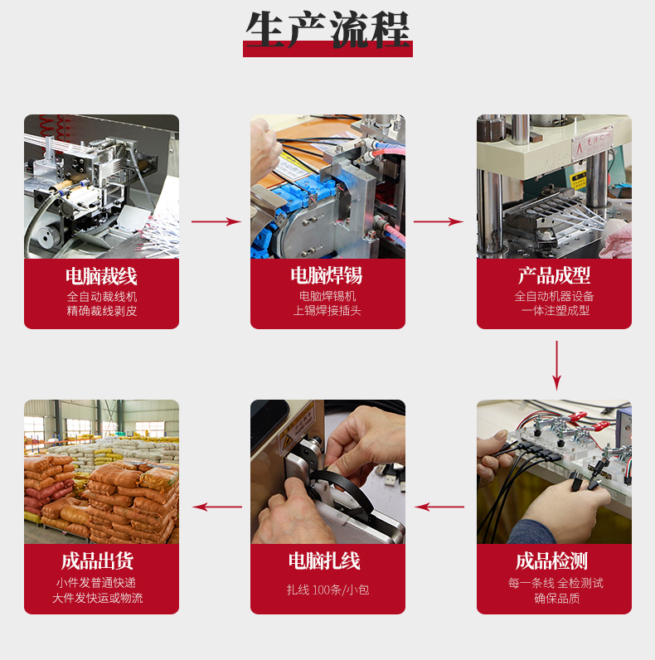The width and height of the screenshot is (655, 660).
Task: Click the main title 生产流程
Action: pos(327,30)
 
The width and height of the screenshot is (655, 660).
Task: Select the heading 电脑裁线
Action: pos(101,277)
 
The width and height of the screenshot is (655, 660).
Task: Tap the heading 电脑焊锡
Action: pos(327,276)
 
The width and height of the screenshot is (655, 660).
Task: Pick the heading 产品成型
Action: pos(554,276)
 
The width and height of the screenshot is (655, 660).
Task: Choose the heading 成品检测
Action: pos(552,561)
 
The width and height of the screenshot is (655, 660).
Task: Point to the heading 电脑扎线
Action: pos(324,561)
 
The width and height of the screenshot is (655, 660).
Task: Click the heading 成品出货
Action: pos(97,561)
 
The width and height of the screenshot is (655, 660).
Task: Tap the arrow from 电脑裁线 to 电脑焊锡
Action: pos(216,221)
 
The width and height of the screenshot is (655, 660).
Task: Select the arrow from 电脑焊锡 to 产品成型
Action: pos(439,221)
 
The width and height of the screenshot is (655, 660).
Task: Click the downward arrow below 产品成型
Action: pos(556,366)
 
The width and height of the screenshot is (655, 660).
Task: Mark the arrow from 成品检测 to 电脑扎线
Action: pos(439,507)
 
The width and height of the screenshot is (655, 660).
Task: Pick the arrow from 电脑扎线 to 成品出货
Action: pos(216,507)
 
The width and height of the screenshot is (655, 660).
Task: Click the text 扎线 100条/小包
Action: pos(328,590)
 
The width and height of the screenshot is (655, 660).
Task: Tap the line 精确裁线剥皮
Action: pos(102,311)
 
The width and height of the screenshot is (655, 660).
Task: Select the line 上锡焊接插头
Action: pos(327,311)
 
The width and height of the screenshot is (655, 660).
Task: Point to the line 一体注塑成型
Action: pos(556,311)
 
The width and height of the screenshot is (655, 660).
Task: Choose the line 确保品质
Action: pos(557,598)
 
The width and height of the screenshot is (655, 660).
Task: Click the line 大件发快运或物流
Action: pos(98,598)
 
